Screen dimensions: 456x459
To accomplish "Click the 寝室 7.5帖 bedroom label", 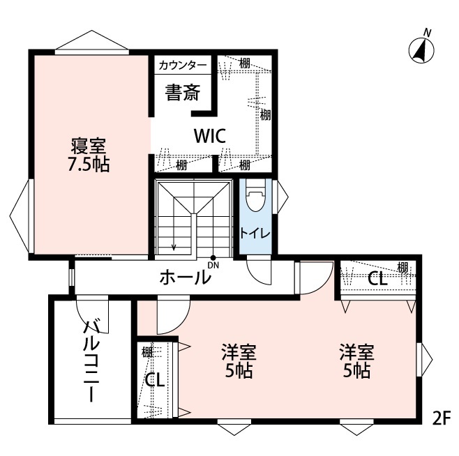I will [88, 155].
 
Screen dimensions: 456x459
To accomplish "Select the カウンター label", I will [182, 66].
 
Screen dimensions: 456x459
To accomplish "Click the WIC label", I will [209, 135].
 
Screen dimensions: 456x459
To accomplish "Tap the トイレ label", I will [255, 232].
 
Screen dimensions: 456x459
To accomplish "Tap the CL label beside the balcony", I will [154, 381].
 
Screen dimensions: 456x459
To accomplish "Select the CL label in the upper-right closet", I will [377, 279].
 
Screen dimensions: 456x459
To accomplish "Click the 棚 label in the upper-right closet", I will [402, 266].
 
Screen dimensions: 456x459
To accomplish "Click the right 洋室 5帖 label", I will [356, 360].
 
